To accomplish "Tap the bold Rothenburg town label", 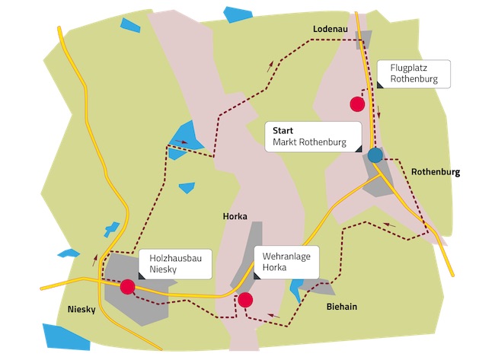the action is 436,173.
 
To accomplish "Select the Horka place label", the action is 235,216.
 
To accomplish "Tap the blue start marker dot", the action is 375,155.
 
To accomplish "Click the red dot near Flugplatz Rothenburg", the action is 357,104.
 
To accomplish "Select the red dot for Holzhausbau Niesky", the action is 127,286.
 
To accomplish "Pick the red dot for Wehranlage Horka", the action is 245,300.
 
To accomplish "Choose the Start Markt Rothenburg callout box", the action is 313,136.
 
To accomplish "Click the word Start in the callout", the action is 283,130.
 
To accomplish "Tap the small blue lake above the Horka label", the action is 187,187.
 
